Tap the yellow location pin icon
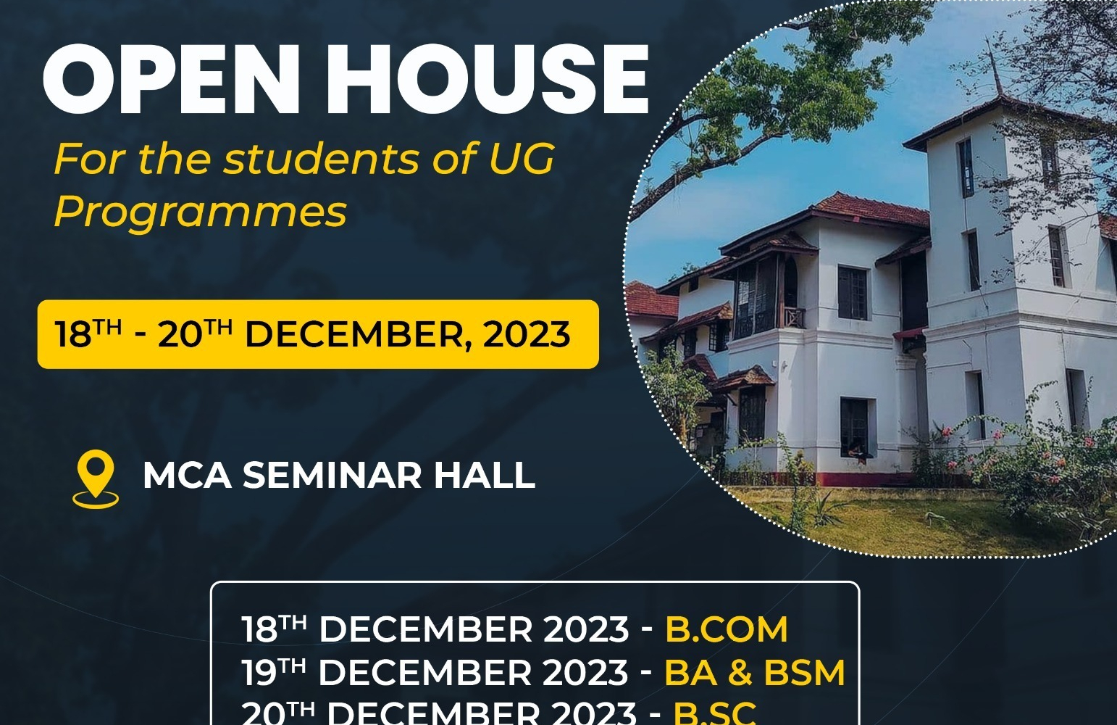(x=96, y=478)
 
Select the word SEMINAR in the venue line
(x=332, y=475)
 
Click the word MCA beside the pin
(x=187, y=475)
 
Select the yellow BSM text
(x=804, y=673)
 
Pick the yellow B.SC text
(x=715, y=713)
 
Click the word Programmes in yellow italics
(x=200, y=212)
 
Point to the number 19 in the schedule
(x=259, y=673)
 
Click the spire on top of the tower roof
(x=997, y=72)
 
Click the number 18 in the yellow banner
(x=73, y=334)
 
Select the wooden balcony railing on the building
(x=795, y=318)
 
